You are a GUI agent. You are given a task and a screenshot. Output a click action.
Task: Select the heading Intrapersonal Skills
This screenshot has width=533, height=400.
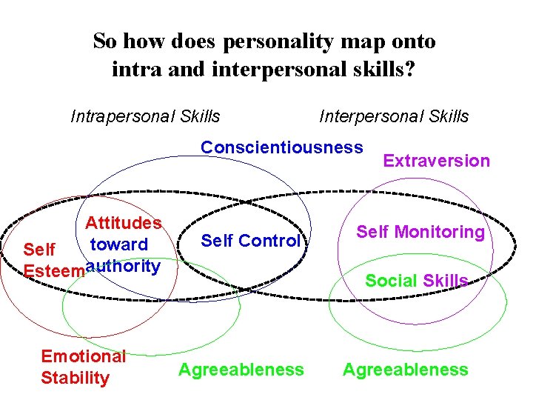[145, 116]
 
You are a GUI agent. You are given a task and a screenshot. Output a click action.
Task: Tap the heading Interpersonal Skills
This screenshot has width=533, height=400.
[394, 116]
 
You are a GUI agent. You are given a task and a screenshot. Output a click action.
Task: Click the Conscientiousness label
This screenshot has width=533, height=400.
[282, 147]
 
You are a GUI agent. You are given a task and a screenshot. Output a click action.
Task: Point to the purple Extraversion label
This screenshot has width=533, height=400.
[436, 161]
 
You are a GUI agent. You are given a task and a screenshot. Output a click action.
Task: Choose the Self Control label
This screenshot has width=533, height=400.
[250, 241]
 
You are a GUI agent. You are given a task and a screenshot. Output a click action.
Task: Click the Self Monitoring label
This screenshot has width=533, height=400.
[420, 232]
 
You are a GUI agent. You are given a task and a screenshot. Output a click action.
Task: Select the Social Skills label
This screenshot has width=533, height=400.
[417, 280]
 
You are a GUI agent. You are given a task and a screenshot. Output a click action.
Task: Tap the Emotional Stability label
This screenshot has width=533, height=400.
[83, 367]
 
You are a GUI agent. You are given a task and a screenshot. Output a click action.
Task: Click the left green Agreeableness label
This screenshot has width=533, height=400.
[241, 370]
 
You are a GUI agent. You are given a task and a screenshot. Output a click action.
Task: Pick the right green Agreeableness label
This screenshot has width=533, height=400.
[405, 370]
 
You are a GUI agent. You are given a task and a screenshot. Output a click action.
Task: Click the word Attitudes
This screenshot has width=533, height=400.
[123, 223]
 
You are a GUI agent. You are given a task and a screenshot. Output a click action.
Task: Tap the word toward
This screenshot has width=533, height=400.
[118, 244]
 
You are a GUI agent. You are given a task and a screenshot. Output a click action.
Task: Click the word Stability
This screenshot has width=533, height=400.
[75, 378]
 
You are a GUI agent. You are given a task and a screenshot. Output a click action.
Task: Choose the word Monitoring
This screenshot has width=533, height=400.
[440, 232]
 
